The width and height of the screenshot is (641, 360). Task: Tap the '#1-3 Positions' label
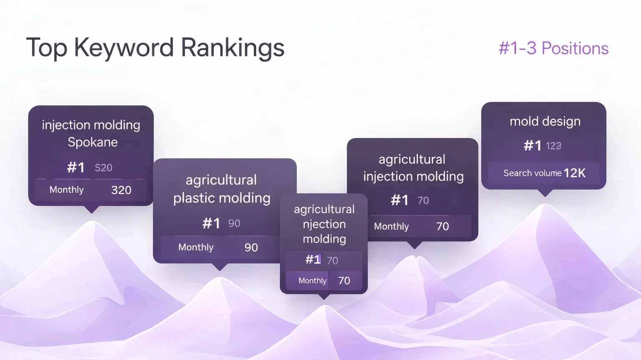coord(553,48)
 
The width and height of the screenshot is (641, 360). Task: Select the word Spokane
coord(93,142)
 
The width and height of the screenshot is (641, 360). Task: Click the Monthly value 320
coord(121,190)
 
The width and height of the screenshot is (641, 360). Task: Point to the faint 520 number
coord(103,168)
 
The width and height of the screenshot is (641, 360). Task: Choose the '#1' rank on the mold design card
coord(532,146)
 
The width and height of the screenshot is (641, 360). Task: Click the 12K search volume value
coord(575,173)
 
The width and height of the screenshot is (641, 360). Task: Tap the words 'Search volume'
coord(532,173)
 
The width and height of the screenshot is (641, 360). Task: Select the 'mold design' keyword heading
coord(545,121)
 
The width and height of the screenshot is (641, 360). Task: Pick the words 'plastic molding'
coord(222,198)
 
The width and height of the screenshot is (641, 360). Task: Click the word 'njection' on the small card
coord(324,224)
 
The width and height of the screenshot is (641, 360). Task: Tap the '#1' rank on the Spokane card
coord(76,167)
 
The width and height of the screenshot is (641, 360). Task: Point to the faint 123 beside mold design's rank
coord(553,146)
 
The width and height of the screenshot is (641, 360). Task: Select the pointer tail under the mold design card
coord(545,193)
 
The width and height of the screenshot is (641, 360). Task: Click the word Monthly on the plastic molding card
coord(196,247)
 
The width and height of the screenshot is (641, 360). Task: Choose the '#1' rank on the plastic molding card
coord(211,223)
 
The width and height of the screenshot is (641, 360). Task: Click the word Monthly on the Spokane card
coord(66,189)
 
